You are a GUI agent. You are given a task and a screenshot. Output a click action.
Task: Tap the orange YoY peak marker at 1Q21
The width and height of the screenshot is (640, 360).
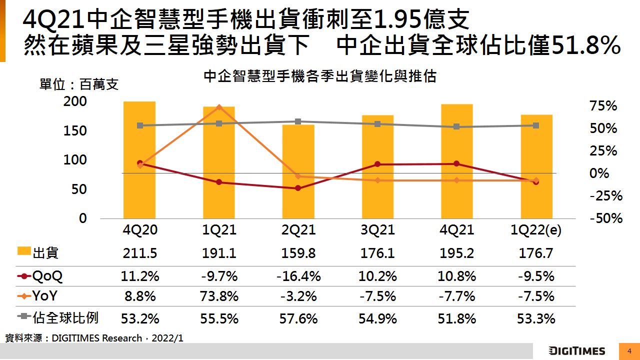click(219, 107)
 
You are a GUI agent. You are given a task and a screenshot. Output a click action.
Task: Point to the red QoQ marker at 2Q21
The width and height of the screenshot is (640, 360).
click(298, 188)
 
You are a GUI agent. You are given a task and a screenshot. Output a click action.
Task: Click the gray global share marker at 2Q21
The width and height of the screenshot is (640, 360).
click(298, 121)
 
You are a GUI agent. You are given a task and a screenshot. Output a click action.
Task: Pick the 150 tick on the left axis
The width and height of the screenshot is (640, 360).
click(76, 131)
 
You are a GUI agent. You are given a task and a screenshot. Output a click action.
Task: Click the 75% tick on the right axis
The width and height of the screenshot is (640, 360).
click(603, 106)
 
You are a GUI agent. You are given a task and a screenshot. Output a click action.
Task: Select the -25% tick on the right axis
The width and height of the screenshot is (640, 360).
click(606, 196)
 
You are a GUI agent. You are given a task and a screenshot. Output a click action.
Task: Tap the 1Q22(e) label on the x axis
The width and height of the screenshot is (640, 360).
click(536, 230)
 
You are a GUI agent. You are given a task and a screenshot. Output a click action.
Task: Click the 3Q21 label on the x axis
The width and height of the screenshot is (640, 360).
click(377, 230)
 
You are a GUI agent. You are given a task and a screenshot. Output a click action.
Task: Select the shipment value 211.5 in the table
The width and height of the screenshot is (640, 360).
click(140, 253)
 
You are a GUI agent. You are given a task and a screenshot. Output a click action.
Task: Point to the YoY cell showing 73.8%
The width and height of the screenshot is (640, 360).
click(219, 296)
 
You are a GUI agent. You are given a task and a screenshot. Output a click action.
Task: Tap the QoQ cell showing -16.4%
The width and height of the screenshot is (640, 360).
click(298, 276)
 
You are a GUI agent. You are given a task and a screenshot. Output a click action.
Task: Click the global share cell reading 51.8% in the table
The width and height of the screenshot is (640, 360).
click(456, 318)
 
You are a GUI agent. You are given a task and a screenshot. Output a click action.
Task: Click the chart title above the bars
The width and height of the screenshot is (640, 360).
click(320, 76)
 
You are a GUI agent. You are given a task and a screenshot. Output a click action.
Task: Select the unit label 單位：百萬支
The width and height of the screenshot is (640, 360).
click(79, 84)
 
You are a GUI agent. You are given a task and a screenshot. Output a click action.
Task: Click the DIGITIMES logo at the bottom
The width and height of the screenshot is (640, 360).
click(576, 351)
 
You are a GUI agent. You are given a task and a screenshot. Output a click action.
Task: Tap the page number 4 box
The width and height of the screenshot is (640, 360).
click(629, 351)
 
